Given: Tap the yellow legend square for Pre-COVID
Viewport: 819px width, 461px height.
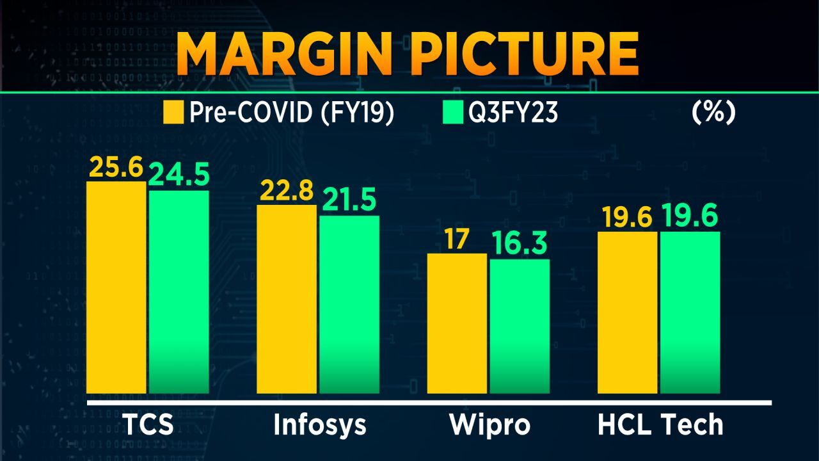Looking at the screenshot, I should coord(174,113).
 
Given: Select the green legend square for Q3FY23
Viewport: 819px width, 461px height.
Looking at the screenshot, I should coord(452,113).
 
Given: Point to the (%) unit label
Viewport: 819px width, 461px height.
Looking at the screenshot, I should coord(713,112).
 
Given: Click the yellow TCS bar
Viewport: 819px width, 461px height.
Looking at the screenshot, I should coord(116,287).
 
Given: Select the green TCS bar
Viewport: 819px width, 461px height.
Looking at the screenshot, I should coord(179,292).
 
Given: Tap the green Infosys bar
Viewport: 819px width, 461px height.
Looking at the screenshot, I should coord(349,304).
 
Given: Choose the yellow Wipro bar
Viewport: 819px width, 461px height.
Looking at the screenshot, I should coord(457,323).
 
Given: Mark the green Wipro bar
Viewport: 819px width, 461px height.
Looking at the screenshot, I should coord(520,326).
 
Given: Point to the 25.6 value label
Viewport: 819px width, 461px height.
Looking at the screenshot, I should coord(115,168).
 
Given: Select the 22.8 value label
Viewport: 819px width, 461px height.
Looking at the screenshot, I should coord(287,191).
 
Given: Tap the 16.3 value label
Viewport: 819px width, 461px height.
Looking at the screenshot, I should coord(520,245).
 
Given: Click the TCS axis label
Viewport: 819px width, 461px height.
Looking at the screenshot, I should coord(148,425).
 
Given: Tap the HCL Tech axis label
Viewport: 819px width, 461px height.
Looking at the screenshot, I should coord(660,425).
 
